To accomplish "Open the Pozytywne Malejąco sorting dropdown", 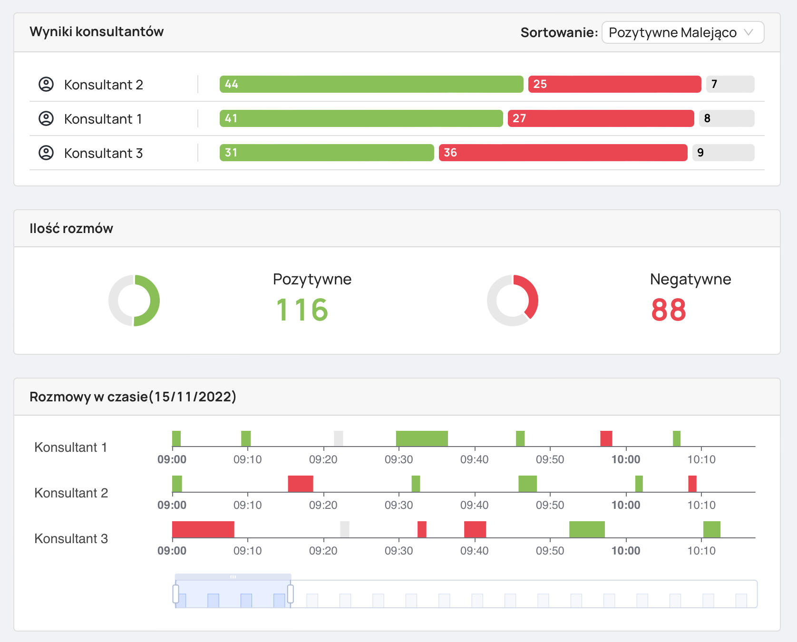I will (682, 32).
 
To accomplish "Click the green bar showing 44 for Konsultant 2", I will (371, 84).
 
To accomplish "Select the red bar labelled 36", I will (563, 153).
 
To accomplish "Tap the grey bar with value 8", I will (726, 118).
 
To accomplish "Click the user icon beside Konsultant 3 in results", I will (46, 153).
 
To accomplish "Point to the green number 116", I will (302, 310).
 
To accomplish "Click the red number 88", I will (668, 310).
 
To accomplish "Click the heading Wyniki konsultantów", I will (97, 31).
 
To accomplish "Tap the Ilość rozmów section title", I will (71, 228).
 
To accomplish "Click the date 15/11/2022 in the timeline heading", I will (193, 397).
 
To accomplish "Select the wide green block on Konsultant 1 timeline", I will (422, 438).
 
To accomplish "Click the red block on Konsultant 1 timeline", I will (606, 438).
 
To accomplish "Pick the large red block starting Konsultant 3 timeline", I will (203, 529).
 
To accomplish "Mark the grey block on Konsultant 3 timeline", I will (344, 529).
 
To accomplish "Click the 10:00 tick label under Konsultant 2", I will (625, 505).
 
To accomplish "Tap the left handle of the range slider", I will (175, 594).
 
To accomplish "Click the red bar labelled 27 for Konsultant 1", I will (601, 118).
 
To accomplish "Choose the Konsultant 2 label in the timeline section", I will (71, 493).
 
